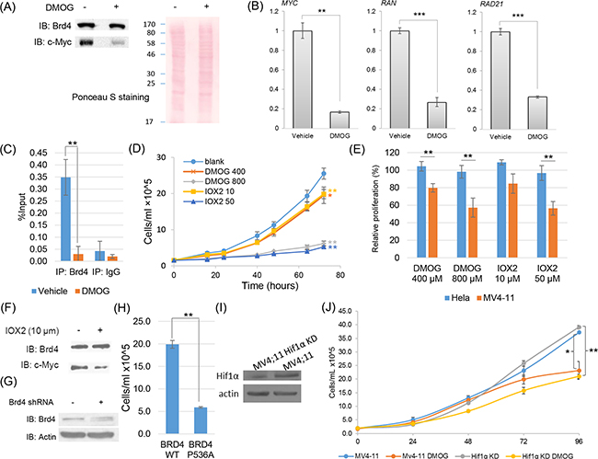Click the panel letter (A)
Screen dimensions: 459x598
(13, 8)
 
